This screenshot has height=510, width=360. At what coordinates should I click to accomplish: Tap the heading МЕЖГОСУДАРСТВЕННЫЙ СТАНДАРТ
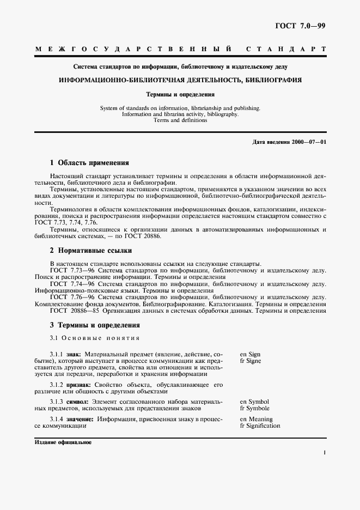click(180, 50)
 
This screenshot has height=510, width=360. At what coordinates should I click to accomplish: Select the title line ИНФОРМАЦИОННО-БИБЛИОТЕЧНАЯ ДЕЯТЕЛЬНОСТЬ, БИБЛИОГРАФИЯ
click(180, 80)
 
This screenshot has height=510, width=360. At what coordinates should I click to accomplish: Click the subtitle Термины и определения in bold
click(180, 94)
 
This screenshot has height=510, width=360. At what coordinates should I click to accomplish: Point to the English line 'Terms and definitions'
click(180, 120)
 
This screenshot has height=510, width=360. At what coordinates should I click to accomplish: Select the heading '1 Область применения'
click(89, 162)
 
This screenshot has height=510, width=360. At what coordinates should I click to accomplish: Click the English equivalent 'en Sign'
click(250, 354)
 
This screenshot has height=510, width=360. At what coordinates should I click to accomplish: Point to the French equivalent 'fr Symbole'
click(254, 408)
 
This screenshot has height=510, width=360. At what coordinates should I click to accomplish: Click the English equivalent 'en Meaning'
click(256, 419)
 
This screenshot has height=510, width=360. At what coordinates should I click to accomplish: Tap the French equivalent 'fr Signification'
click(260, 426)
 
